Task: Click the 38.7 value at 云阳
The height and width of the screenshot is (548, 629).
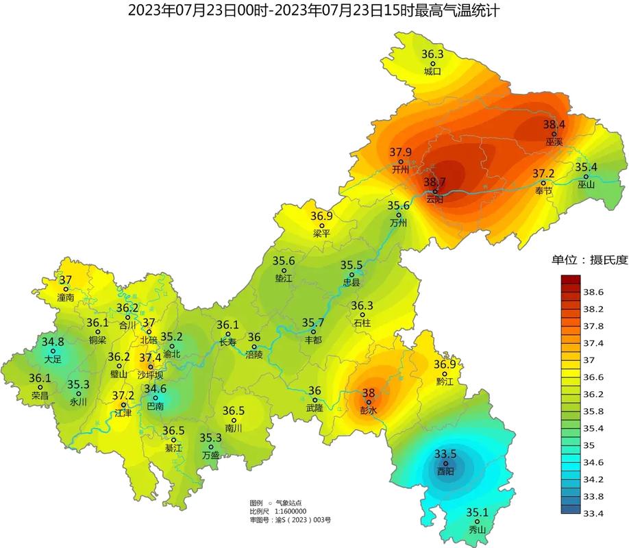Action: tap(434, 182)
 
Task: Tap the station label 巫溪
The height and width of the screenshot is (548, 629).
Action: tap(554, 142)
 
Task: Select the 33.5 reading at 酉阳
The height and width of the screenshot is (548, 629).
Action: tap(445, 454)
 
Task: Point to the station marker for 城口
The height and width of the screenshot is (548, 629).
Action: tap(432, 62)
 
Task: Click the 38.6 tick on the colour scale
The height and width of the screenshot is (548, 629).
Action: tap(593, 292)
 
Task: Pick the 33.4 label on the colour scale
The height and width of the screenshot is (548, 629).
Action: tap(593, 513)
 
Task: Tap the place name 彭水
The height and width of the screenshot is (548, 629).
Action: tap(369, 410)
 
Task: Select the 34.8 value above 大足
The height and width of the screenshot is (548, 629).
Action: tap(53, 342)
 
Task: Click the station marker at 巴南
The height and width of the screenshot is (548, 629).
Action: tap(155, 398)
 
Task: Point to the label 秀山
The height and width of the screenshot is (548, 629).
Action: tap(476, 530)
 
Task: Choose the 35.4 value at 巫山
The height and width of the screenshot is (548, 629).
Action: tap(586, 167)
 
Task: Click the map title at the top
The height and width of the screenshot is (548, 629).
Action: tap(314, 10)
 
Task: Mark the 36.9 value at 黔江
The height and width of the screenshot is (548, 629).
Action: tap(445, 364)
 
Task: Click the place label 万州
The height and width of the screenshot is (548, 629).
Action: tap(398, 223)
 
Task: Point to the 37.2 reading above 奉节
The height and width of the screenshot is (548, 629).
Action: tap(543, 174)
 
